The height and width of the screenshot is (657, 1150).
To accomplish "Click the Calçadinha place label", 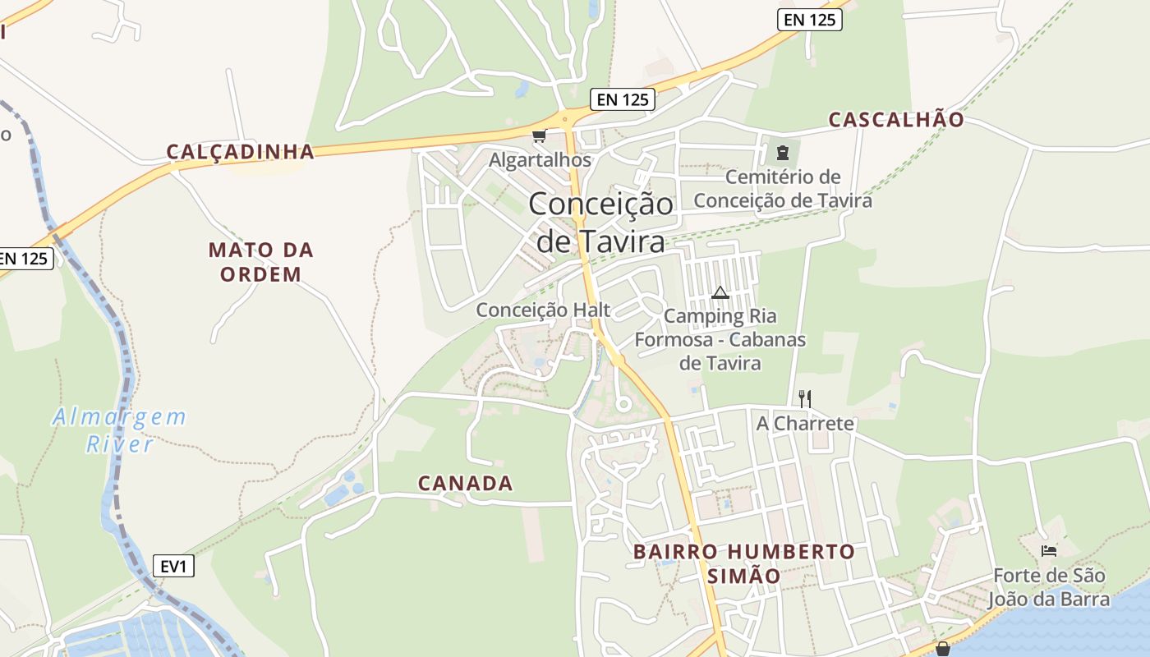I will click(x=241, y=152).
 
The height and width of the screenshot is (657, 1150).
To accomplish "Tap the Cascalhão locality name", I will click(x=896, y=120).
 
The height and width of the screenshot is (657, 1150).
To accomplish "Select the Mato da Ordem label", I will click(x=261, y=262).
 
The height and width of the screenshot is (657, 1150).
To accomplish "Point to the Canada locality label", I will click(x=466, y=484).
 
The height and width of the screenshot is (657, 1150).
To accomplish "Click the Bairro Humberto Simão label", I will click(x=744, y=563).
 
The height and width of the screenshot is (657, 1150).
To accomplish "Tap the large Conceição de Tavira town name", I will click(x=600, y=222).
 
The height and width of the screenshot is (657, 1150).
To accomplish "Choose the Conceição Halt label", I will click(x=544, y=310).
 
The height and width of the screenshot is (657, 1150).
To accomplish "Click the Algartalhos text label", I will click(x=540, y=160).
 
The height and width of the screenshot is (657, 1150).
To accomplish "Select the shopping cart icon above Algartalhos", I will click(x=539, y=136).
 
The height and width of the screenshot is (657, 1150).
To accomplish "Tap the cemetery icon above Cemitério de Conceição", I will click(x=782, y=153).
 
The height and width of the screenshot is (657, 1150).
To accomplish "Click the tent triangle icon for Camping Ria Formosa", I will click(x=720, y=292).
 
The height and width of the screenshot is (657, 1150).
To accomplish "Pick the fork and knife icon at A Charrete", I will click(x=805, y=399).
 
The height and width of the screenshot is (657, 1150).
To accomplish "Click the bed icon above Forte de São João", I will click(x=1048, y=550).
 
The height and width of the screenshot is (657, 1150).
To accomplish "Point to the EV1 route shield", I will click(x=173, y=566).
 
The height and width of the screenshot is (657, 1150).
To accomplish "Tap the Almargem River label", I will click(x=120, y=430).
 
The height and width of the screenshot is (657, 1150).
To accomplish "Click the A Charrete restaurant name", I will click(x=805, y=424).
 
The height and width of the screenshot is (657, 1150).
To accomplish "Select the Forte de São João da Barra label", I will click(x=1049, y=587).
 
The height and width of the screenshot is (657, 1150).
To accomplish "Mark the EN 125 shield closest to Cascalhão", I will click(x=810, y=20).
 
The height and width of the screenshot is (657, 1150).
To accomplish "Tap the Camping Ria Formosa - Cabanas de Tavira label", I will click(x=720, y=339).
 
